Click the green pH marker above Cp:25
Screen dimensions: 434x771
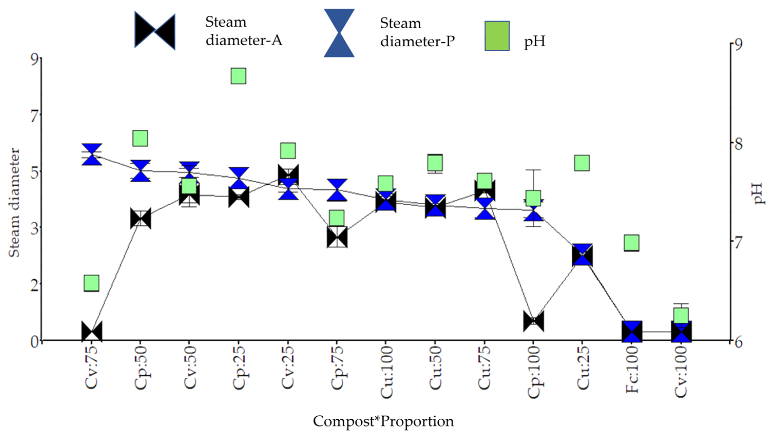click(x=238, y=76)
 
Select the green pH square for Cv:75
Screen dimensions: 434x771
click(x=91, y=283)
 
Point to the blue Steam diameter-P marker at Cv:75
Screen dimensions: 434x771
click(x=92, y=155)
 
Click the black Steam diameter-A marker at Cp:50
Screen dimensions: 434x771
click(x=141, y=218)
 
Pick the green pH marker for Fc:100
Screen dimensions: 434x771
click(x=632, y=243)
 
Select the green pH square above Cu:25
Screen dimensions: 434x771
click(x=582, y=163)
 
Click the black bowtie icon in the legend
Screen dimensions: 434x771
click(x=155, y=31)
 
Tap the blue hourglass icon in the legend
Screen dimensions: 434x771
click(x=339, y=33)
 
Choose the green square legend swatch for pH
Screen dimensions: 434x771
click(x=497, y=36)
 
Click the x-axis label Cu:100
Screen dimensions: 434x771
click(x=386, y=372)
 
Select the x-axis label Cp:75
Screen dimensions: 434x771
click(x=337, y=367)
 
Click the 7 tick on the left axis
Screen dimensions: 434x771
click(x=35, y=115)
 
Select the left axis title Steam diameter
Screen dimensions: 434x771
click(x=14, y=203)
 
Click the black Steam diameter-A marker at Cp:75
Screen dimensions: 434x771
click(x=337, y=237)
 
